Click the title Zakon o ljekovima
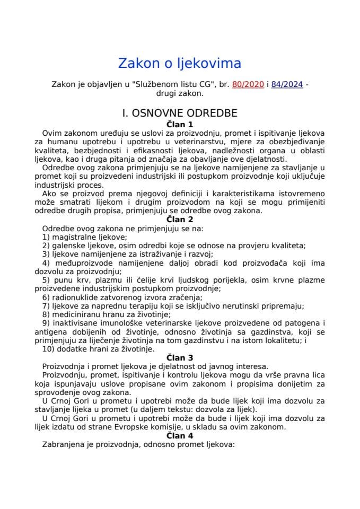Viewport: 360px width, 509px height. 179,64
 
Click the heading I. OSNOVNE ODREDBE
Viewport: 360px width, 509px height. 179,113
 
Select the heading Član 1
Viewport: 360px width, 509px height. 179,124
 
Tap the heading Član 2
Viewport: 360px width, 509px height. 179,219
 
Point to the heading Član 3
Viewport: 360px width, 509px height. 179,357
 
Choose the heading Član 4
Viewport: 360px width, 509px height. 179,435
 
